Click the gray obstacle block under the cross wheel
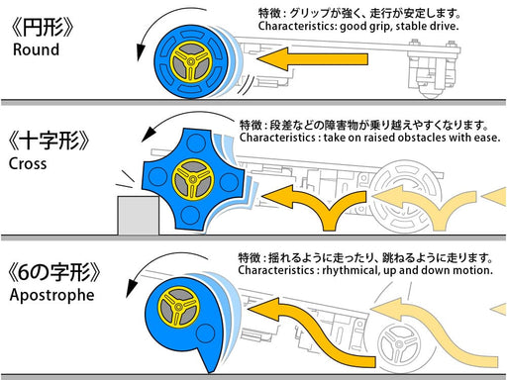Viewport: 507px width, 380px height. click(136, 215)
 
